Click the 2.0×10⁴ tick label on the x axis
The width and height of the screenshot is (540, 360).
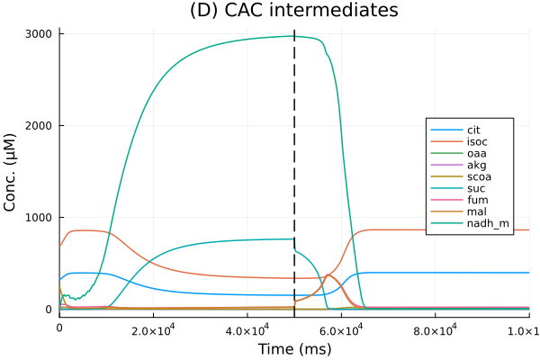(153, 329)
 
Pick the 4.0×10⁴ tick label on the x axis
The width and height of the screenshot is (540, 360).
(247, 329)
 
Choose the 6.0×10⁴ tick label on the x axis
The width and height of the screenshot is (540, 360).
(341, 329)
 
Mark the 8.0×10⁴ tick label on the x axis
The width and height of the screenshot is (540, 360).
(435, 329)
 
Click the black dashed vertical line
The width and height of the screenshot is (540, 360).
(294, 180)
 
